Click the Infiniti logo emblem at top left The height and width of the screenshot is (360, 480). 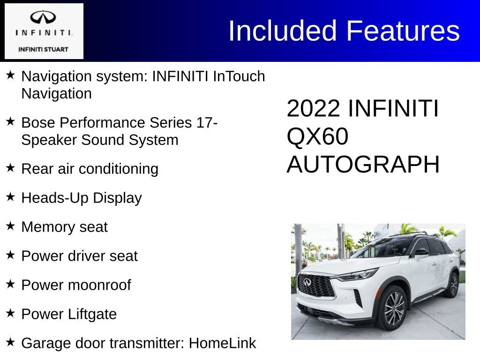coord(43,17)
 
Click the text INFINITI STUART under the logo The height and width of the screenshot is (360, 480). coord(43,49)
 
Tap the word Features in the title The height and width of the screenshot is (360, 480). coord(403,31)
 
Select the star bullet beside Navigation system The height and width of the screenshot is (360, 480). coord(11,75)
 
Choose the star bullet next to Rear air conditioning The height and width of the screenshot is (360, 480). coord(11,168)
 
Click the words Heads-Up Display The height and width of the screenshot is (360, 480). coord(82,198)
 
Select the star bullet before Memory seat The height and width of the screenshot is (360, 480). coord(11,226)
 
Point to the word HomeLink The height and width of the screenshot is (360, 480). coord(222,344)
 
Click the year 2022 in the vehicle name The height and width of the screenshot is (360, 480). coord(313,109)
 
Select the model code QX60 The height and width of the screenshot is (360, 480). coord(318,137)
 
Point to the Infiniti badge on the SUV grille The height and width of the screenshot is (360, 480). coord(307,281)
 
